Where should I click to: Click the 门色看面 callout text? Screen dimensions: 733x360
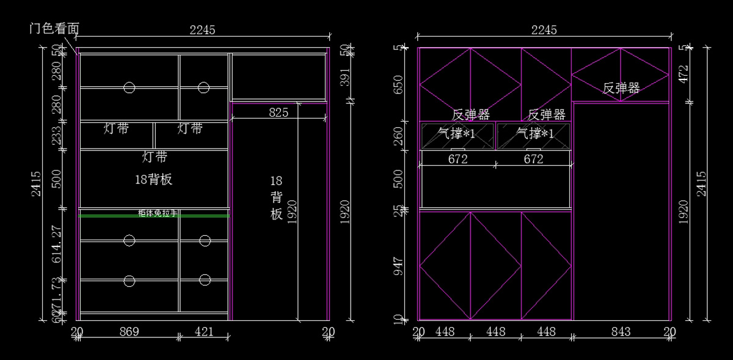[54, 29]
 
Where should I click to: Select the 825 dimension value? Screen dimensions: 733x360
[279, 112]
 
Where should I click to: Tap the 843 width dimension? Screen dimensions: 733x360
[621, 331]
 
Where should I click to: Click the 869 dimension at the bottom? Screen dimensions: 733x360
[129, 331]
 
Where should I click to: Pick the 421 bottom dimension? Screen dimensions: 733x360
[204, 331]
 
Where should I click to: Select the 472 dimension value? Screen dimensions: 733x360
[684, 74]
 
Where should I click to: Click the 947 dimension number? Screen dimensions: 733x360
[399, 267]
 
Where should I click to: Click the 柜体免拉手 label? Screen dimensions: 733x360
[158, 213]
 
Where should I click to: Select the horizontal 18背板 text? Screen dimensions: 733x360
[153, 179]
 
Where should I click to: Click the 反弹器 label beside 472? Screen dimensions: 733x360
[621, 88]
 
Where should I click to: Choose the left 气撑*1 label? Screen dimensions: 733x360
[457, 133]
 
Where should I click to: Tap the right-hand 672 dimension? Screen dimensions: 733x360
[533, 159]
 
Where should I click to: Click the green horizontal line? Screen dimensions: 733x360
[122, 216]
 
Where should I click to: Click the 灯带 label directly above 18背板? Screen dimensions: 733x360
[155, 157]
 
